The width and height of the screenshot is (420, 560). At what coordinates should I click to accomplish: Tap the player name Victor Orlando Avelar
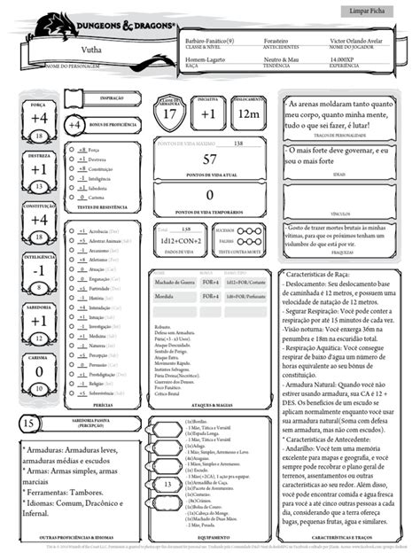click(356, 43)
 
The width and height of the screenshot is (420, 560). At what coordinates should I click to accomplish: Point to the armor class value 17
click(174, 113)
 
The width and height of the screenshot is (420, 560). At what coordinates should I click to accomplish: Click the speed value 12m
click(249, 113)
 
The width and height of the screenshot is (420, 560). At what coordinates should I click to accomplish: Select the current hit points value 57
click(210, 160)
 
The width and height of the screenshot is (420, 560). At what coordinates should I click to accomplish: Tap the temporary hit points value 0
click(210, 195)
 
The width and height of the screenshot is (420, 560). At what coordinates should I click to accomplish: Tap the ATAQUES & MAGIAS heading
click(210, 403)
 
